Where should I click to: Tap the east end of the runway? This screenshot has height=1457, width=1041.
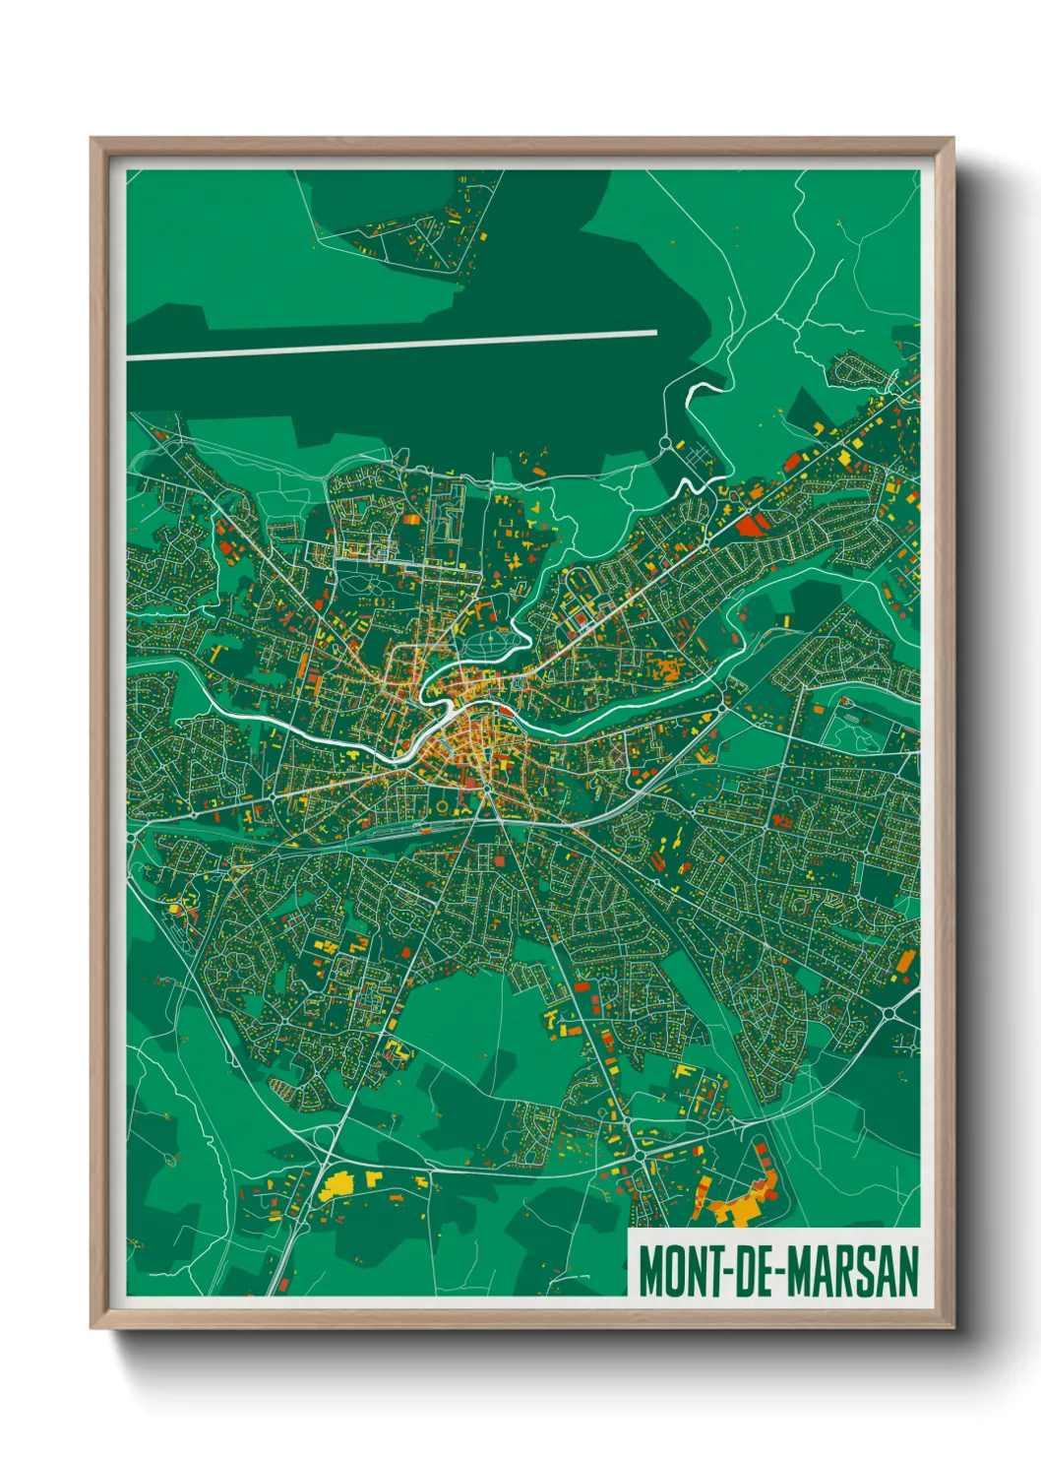(654, 333)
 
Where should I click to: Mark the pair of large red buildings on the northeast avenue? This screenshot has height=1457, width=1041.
(750, 524)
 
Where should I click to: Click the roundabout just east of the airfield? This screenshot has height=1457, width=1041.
(665, 444)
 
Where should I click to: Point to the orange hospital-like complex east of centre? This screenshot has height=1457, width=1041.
(670, 670)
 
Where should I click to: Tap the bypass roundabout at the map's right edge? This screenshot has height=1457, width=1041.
(888, 1011)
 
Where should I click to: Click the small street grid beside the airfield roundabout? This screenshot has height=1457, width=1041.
(699, 456)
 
